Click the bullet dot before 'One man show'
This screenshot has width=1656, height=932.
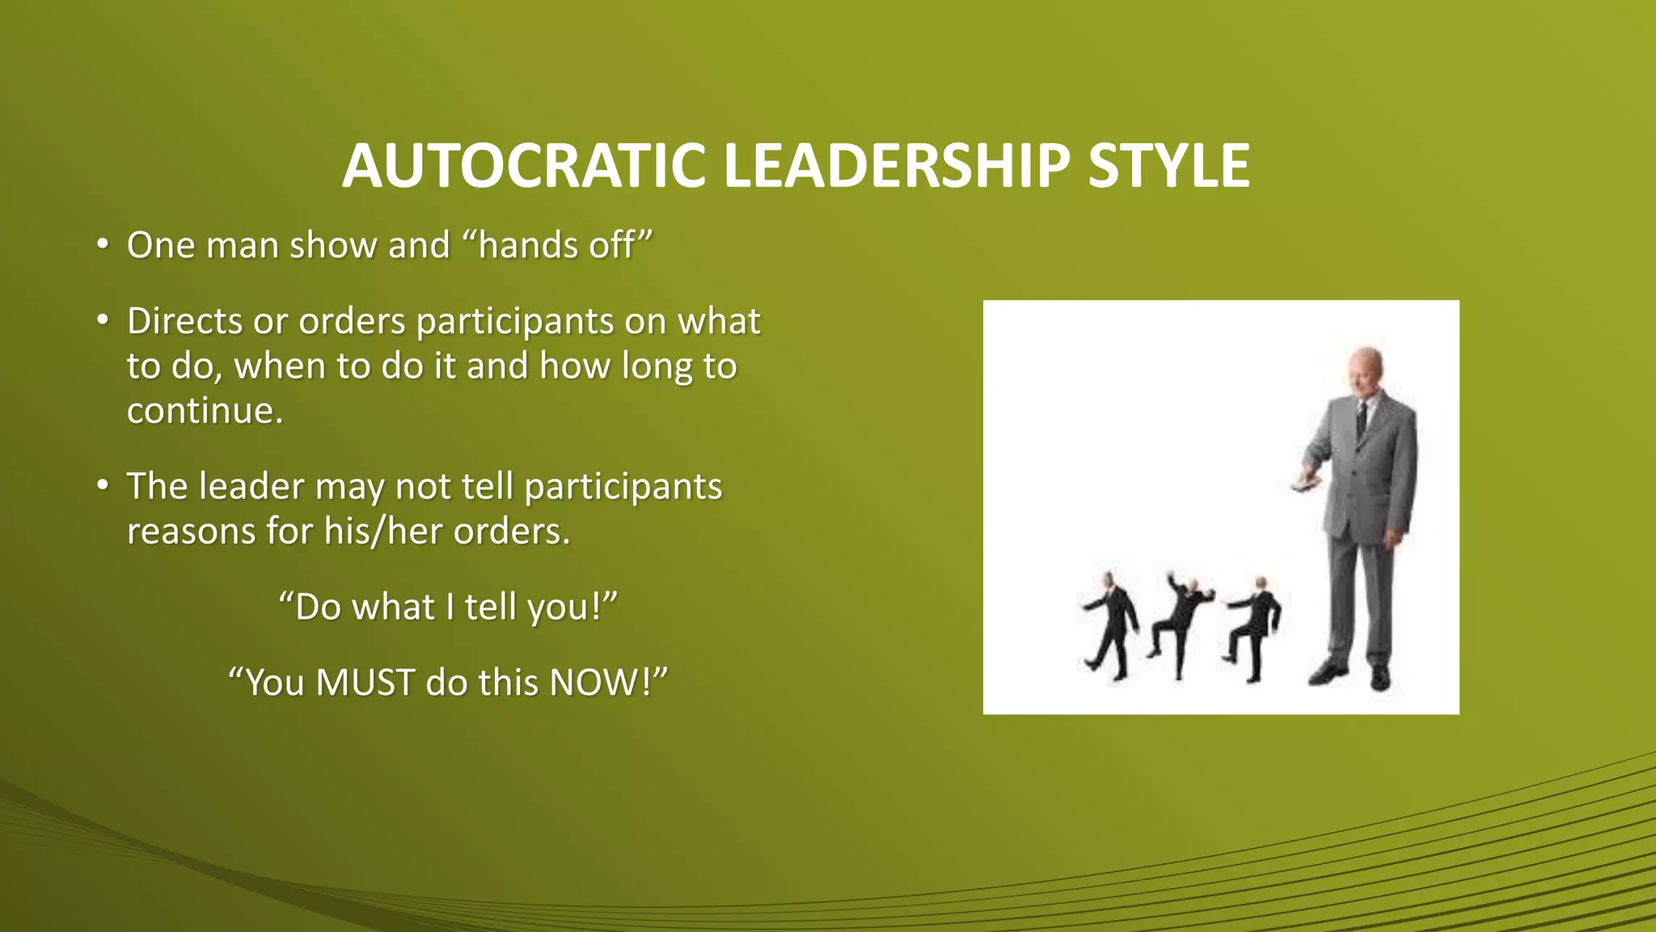point(102,244)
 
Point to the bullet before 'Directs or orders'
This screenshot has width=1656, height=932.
point(102,321)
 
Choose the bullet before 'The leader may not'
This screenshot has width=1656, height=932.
point(102,486)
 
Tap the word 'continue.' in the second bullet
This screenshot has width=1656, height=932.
point(205,411)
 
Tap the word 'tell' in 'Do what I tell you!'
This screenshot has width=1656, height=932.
point(490,607)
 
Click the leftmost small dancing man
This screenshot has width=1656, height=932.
point(1111,626)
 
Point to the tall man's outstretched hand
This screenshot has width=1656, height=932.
point(1304,482)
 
